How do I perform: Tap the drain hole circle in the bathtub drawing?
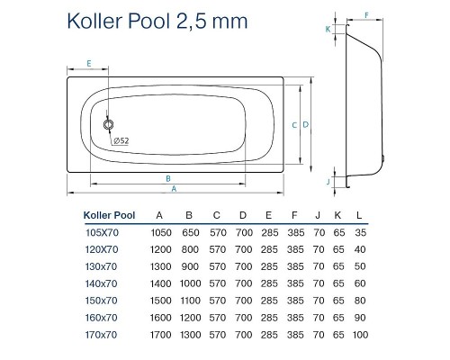coord(109,126)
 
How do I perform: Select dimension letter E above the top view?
coord(88,63)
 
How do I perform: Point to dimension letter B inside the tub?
coord(168,178)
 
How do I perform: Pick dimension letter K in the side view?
coord(328,28)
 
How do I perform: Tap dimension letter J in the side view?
coord(328,181)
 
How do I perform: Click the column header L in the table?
coord(361,215)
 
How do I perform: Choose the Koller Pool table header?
coord(108,215)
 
